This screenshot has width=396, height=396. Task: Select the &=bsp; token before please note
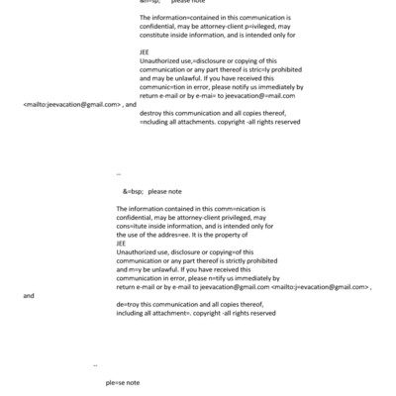tap(133, 191)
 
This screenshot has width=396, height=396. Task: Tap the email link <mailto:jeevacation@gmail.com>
tap(72, 104)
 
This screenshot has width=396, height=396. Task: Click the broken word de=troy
tap(128, 305)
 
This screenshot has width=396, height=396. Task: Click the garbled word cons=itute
tap(134, 226)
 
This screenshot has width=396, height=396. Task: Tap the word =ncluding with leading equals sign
tap(159, 122)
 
